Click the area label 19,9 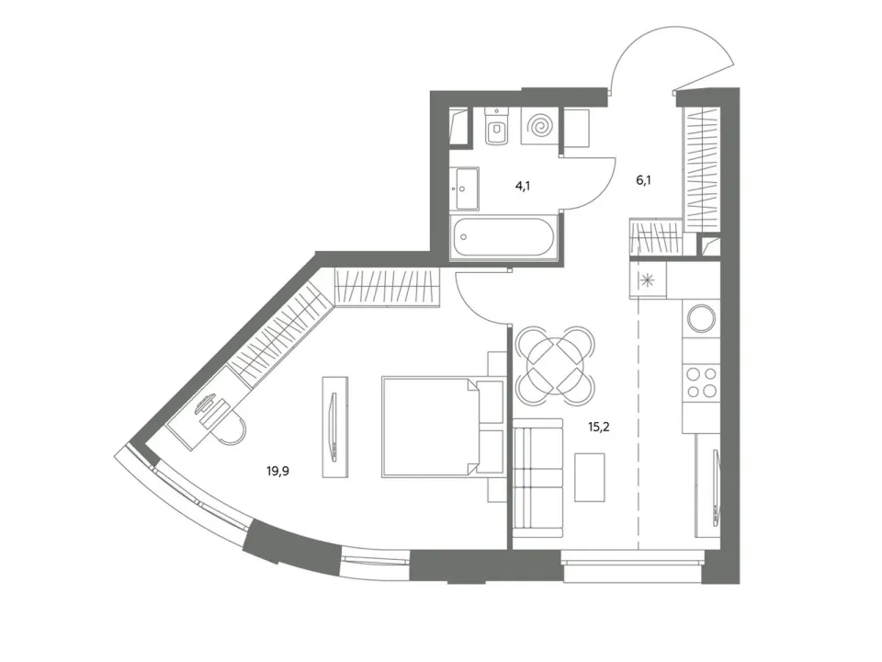pyautogui.click(x=277, y=471)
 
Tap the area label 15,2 pyautogui.click(x=598, y=427)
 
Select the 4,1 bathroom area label pyautogui.click(x=523, y=185)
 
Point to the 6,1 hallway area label pyautogui.click(x=643, y=180)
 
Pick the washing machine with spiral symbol pyautogui.click(x=540, y=126)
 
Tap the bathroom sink pyautogui.click(x=465, y=188)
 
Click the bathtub pyautogui.click(x=503, y=236)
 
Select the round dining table pyautogui.click(x=555, y=365)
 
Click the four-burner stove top pyautogui.click(x=701, y=382)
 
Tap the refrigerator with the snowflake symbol pyautogui.click(x=648, y=280)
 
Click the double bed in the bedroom pyautogui.click(x=442, y=428)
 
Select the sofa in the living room pyautogui.click(x=538, y=478)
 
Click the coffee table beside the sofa pyautogui.click(x=590, y=477)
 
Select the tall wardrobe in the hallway pyautogui.click(x=701, y=169)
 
